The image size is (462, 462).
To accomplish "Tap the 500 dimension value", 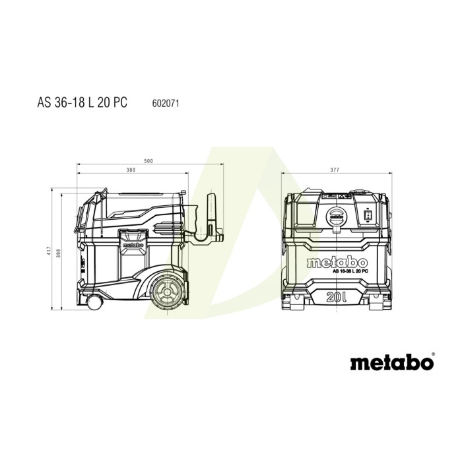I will pos(148,160).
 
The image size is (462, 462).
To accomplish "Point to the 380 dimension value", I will pos(132,170).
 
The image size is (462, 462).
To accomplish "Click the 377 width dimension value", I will pos(335,170).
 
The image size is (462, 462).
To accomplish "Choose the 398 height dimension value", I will pos(65,245).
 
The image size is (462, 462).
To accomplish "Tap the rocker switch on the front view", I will pos(368,213).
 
